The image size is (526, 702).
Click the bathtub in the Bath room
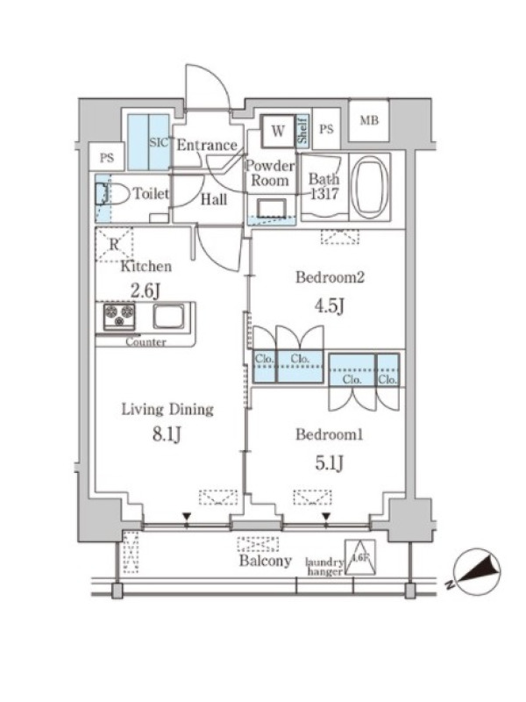[370, 187]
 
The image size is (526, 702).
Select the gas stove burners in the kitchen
[119, 315]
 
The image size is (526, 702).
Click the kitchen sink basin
[168, 316]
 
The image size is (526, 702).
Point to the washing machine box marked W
[278, 131]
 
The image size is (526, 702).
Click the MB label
[369, 120]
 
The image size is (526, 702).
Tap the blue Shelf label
[302, 130]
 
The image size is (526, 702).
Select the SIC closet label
[160, 143]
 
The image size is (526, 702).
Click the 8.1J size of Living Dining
[167, 433]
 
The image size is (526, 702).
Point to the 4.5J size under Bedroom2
[330, 306]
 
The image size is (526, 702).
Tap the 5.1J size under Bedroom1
[330, 464]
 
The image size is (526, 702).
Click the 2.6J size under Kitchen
[145, 291]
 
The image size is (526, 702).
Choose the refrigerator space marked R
[114, 245]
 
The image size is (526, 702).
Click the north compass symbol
[477, 572]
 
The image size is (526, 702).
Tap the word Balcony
[266, 561]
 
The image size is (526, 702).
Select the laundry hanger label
[324, 567]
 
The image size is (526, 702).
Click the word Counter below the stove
[146, 342]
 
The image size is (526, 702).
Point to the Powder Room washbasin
[271, 209]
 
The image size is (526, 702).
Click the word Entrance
[207, 145]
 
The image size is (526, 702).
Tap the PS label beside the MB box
[326, 129]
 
